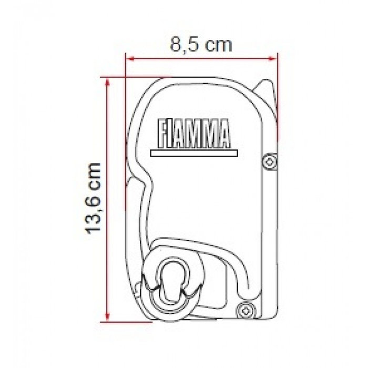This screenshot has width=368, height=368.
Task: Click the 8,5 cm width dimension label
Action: click(201, 44)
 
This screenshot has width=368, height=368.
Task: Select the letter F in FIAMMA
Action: click(163, 132)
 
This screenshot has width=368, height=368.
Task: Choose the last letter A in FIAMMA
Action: click(224, 132)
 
